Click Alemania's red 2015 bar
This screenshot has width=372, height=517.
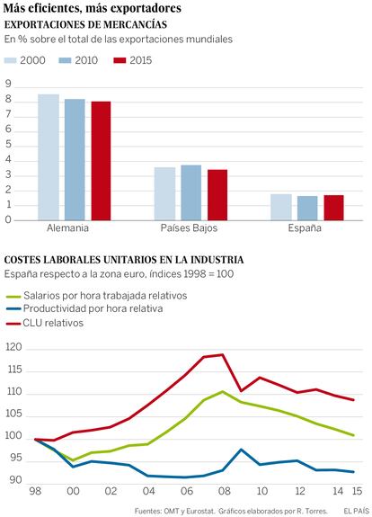102,161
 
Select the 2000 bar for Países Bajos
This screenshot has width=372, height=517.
164,194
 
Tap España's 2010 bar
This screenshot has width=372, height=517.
307,208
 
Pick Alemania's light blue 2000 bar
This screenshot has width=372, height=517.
49,157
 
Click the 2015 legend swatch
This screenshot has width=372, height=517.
120,60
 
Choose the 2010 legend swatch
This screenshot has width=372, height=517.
65,60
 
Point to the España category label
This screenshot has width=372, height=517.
305,228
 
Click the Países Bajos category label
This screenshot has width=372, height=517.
189,228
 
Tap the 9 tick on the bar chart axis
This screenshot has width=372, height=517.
8,85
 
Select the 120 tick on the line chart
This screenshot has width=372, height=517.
13,348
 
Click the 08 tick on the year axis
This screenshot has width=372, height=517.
224,491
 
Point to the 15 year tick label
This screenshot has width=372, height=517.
357,491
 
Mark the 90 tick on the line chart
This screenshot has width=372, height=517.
15,480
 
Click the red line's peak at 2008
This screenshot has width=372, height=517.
223,355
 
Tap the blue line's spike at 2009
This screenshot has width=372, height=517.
241,450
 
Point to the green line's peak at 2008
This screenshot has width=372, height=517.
223,391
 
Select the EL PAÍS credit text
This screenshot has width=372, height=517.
356,511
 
